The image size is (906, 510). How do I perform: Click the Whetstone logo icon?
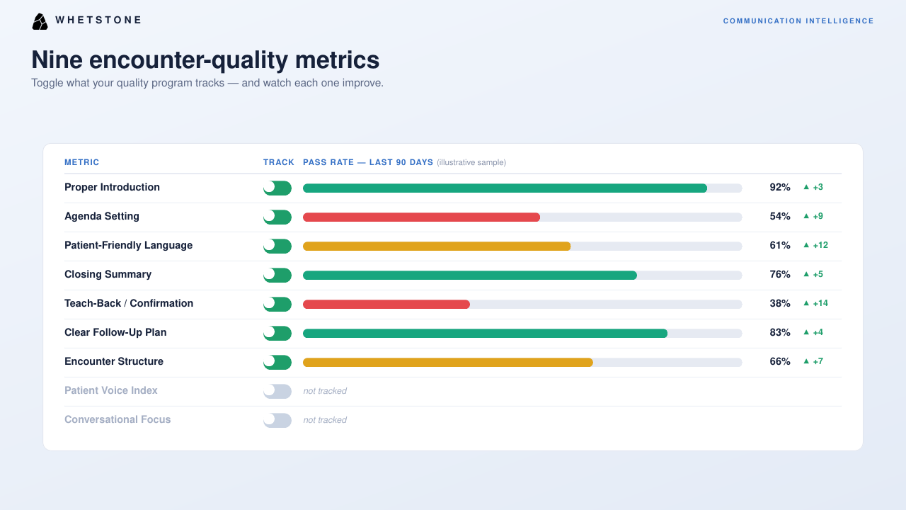point(40,21)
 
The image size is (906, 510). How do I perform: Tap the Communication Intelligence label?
point(798,21)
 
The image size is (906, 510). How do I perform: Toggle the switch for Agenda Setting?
point(277,217)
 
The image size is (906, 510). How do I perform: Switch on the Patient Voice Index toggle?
point(277,391)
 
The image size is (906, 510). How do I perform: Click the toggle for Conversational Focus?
point(277,420)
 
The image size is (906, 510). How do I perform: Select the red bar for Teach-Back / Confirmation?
point(386,304)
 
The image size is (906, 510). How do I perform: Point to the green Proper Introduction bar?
point(505,188)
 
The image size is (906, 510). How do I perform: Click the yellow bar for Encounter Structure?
point(448,362)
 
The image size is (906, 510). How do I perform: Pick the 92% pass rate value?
point(780,188)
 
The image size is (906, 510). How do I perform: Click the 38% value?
point(780,304)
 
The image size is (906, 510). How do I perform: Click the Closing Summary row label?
point(108,274)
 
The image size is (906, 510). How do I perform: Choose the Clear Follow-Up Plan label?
point(115,332)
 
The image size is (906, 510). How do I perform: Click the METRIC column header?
point(81,162)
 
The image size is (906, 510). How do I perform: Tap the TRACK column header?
point(279,162)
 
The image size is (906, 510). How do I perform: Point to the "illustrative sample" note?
point(471,163)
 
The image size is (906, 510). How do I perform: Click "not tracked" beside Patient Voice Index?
point(325,391)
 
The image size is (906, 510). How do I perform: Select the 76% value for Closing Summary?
point(780,274)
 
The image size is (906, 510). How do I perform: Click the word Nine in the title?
point(57,60)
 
